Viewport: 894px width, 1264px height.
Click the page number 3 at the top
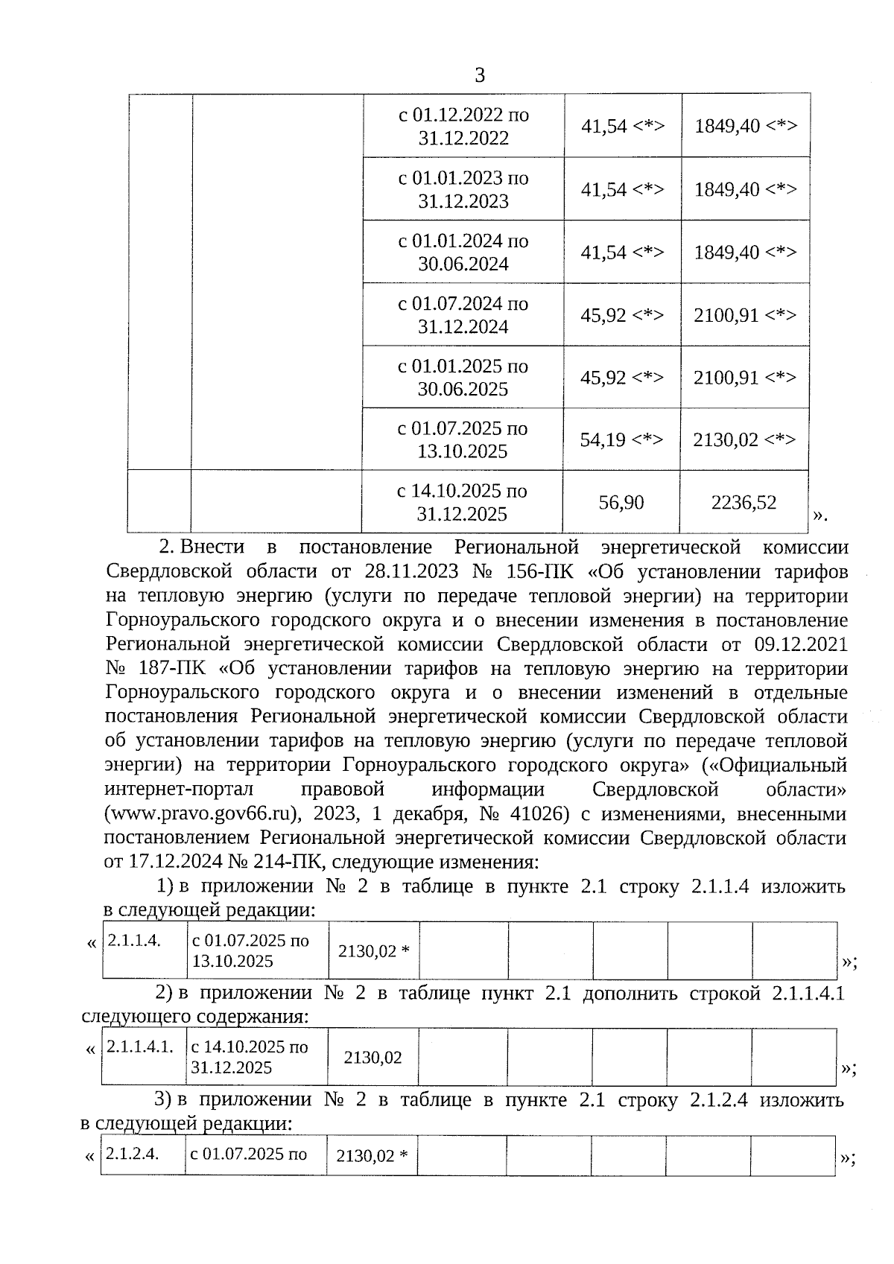click(479, 75)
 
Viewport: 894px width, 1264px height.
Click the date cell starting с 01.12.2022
click(463, 126)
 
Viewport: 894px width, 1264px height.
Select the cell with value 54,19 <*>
click(621, 439)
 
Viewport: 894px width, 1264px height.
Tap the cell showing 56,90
click(621, 502)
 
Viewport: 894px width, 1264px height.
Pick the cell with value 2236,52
click(744, 502)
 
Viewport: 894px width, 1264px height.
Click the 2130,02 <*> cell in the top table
click(745, 439)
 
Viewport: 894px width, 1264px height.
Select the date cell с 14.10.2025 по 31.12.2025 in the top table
click(462, 502)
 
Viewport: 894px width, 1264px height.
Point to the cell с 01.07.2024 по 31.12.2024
click(463, 315)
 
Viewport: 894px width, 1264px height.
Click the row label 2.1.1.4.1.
click(140, 1047)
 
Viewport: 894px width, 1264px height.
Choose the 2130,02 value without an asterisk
click(372, 1058)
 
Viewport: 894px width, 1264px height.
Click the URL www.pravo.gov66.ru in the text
click(201, 814)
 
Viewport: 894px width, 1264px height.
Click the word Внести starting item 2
click(212, 547)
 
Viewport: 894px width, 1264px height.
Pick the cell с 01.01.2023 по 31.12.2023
click(463, 189)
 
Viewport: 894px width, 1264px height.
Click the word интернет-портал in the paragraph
click(180, 790)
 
